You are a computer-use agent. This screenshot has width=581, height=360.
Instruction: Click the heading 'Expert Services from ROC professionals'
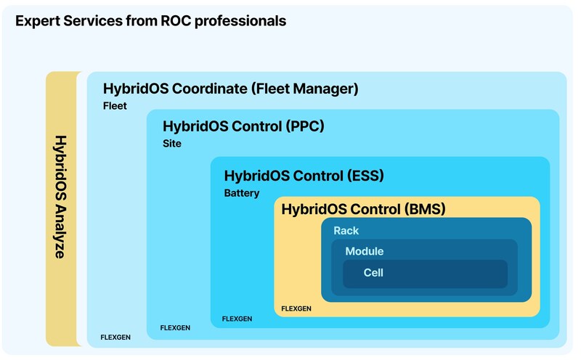151,21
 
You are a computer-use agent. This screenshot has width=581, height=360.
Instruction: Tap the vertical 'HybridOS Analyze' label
61,197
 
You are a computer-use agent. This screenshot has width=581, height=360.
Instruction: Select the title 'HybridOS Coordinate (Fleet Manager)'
231,89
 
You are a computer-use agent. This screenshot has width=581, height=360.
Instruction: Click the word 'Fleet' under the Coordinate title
115,106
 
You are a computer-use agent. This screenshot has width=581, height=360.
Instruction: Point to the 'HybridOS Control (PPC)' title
243,126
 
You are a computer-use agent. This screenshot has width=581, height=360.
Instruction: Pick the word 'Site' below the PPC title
172,144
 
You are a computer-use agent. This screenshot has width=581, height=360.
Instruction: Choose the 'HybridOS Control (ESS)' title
304,176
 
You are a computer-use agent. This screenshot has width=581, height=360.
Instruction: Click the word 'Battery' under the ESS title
241,194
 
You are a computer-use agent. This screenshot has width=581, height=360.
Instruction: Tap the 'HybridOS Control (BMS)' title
362,210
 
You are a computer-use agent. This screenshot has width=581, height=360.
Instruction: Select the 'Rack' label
346,231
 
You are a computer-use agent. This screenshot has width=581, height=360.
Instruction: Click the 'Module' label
364,252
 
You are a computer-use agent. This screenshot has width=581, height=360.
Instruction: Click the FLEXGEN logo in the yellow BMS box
296,308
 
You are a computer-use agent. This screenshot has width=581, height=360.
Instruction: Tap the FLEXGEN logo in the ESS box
237,319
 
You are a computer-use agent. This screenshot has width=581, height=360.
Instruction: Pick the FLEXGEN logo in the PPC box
175,328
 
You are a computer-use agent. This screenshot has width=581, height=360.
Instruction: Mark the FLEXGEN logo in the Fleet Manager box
115,337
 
